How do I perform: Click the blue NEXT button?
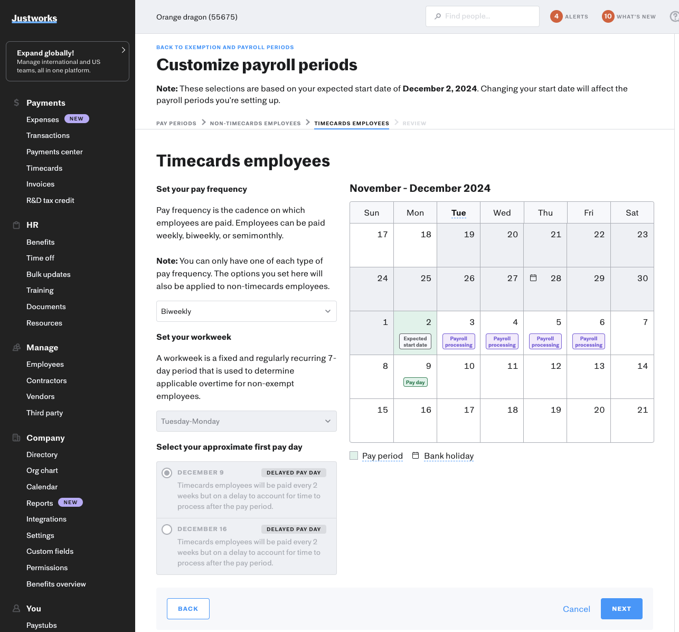[x=621, y=609]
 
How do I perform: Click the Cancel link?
[x=576, y=609]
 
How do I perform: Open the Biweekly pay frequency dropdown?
[x=246, y=311]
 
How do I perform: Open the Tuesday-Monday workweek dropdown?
[x=246, y=421]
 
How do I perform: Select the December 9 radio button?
[x=167, y=473]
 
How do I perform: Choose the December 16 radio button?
[x=167, y=529]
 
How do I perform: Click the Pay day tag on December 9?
[x=416, y=382]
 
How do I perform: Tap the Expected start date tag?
[x=416, y=341]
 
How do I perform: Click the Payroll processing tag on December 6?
[x=588, y=341]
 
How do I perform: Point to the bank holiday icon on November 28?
[x=533, y=278]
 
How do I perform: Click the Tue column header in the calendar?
[x=458, y=213]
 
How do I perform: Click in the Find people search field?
[x=483, y=16]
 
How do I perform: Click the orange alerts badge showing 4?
[x=556, y=16]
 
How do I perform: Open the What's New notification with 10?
[x=608, y=16]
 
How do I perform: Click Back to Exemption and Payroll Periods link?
[x=225, y=47]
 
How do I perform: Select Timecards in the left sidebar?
[x=44, y=168]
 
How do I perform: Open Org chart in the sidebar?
[x=42, y=470]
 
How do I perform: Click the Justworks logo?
[x=34, y=18]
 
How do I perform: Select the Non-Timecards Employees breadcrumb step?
[x=255, y=123]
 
